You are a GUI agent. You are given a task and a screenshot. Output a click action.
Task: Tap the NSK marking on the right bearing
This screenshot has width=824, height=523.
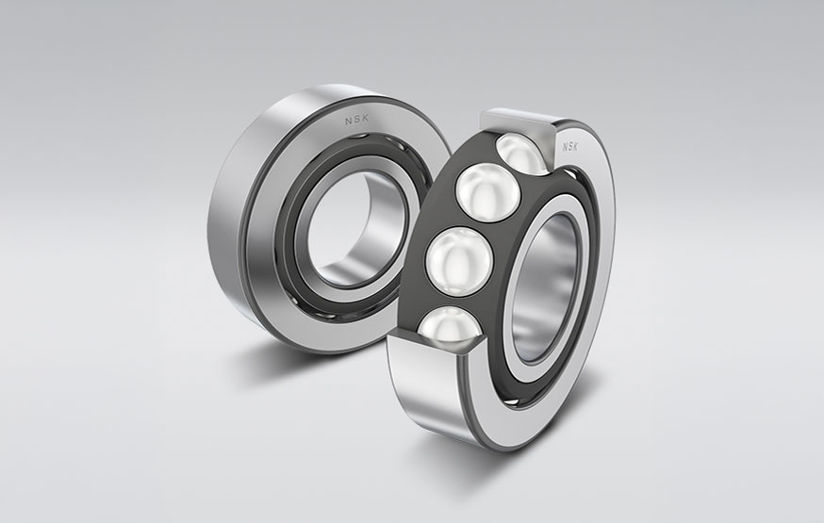point(571,147)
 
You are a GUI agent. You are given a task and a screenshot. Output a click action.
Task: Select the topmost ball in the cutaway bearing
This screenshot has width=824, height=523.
point(521,154)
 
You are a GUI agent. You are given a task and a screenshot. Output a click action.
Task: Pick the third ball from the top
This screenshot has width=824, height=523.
point(459,256)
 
